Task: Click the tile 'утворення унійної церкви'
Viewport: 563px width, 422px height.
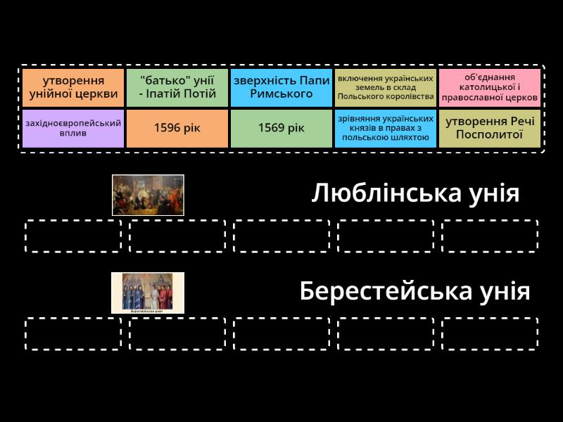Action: (x=73, y=87)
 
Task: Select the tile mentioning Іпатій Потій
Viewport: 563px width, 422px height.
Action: (x=177, y=87)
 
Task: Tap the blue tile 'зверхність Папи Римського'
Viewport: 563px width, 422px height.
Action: (x=281, y=87)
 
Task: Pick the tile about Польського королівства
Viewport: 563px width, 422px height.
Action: (x=386, y=87)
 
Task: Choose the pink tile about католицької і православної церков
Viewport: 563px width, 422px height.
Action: (x=490, y=87)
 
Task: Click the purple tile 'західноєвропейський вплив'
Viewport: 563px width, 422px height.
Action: (x=73, y=129)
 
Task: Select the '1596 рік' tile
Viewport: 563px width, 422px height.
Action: (x=177, y=129)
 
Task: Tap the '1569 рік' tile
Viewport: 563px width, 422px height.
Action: (x=281, y=129)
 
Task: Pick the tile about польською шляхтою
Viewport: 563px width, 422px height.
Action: (x=386, y=129)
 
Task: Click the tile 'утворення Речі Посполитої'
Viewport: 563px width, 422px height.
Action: (x=490, y=129)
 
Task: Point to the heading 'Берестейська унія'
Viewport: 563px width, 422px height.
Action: (x=415, y=291)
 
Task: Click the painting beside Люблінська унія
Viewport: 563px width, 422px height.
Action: (x=148, y=196)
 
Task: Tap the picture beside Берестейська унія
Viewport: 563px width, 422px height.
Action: (x=148, y=293)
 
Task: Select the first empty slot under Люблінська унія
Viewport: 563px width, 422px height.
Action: (x=73, y=236)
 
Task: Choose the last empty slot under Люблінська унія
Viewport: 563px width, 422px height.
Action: (x=490, y=236)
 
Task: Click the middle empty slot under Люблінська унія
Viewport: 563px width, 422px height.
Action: (x=281, y=236)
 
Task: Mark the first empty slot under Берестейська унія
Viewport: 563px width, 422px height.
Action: (x=73, y=333)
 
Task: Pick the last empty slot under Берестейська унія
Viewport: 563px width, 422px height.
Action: (x=490, y=333)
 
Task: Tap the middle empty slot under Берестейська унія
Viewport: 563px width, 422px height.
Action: (x=281, y=333)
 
